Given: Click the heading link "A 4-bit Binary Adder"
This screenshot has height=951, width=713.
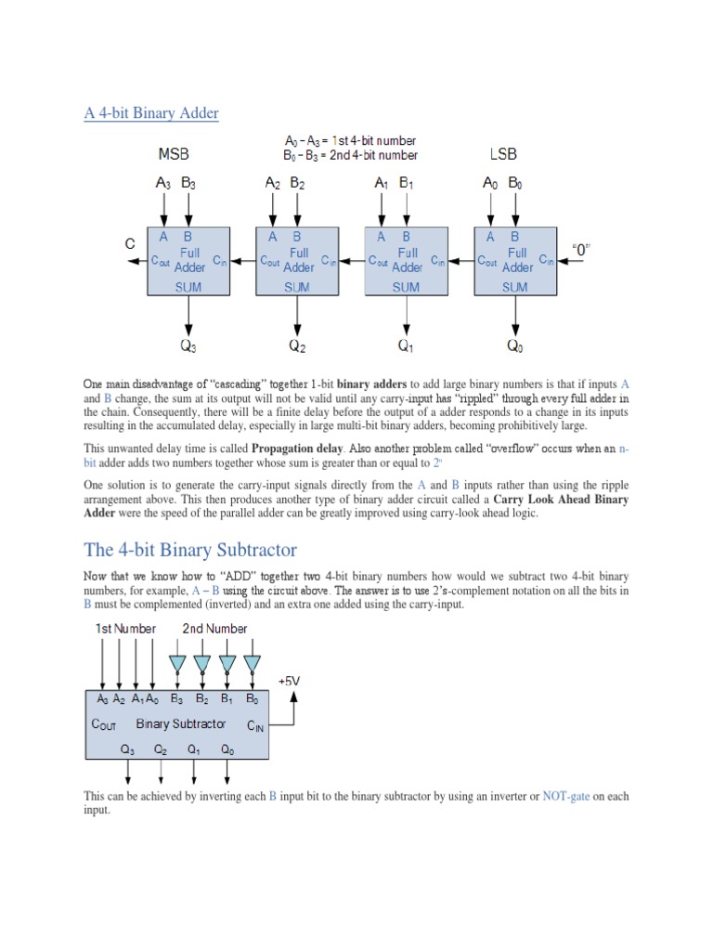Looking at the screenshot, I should click(x=151, y=113).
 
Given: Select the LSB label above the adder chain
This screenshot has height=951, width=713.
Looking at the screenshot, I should click(x=502, y=153).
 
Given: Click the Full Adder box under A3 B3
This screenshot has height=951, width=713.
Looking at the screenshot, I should click(x=188, y=261).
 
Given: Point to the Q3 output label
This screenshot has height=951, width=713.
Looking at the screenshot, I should click(x=188, y=347).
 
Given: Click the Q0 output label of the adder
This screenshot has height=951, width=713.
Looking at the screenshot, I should click(x=515, y=347).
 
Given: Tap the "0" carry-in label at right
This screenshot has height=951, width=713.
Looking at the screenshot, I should click(x=581, y=250).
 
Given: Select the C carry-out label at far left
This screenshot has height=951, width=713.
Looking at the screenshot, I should click(x=131, y=243).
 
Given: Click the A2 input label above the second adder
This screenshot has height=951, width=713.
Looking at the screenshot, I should click(x=272, y=184).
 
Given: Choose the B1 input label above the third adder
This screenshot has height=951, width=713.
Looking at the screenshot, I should click(x=407, y=184).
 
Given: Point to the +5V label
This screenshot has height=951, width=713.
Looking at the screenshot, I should click(x=290, y=681).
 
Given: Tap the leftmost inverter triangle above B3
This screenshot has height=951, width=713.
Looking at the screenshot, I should click(x=177, y=663).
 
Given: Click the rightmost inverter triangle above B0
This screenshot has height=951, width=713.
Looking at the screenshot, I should click(x=252, y=663).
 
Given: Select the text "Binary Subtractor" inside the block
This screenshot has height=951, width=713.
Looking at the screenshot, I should click(x=180, y=723).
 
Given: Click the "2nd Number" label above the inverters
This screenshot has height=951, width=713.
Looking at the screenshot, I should click(x=214, y=629).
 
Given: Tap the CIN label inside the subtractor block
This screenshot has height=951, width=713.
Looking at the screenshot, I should click(x=255, y=725).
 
